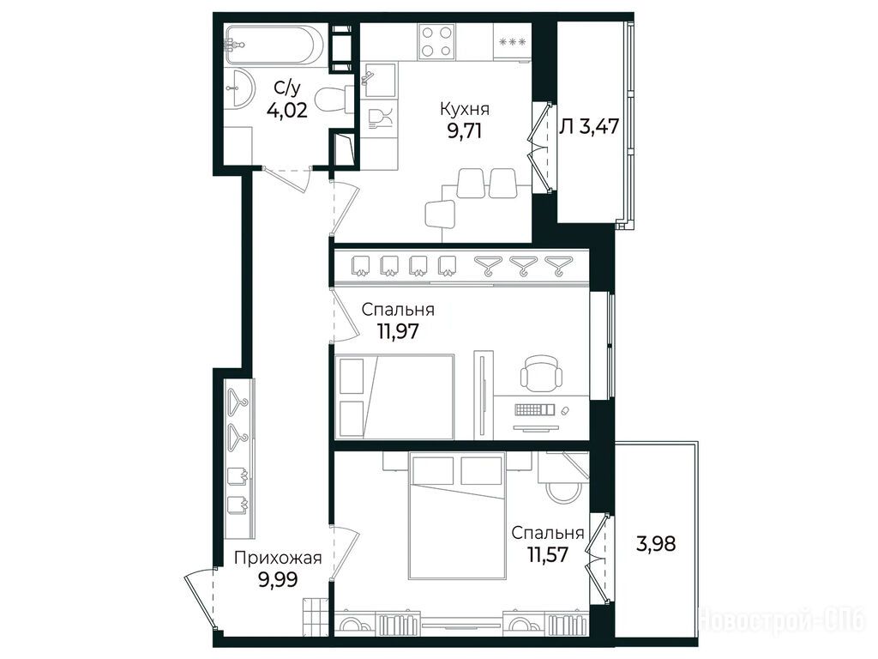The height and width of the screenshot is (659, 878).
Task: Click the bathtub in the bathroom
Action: coord(274,45)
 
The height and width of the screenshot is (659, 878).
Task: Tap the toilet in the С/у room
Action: coord(334,100)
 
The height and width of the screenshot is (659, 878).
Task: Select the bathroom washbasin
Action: coord(240,88)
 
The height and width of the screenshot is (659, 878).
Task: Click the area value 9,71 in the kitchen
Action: coord(464,131)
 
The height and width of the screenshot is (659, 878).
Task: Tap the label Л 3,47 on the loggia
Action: coord(589,127)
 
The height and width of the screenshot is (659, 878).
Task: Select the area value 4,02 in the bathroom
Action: coord(287,111)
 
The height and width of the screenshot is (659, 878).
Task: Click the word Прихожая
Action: coord(278,558)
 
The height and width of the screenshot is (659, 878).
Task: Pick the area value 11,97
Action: coord(398,332)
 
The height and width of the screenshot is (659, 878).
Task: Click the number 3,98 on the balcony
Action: coord(656,543)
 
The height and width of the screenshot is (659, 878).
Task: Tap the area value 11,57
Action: coord(548,555)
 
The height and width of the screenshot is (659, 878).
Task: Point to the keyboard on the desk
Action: coord(534,409)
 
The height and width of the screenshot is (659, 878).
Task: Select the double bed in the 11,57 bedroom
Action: coord(457,516)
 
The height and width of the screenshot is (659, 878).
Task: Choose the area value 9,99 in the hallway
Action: coord(278,579)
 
